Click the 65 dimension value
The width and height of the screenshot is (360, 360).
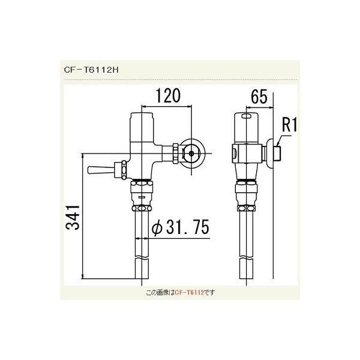click(257, 96)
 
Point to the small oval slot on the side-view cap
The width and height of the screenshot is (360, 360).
click(245, 116)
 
